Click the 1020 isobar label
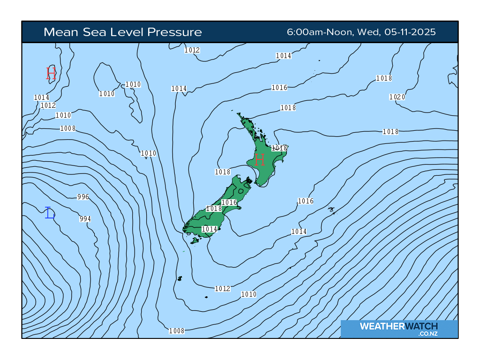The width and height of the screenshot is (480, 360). [397, 97]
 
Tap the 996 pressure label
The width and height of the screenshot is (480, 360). [83, 197]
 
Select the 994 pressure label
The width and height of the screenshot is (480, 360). [85, 219]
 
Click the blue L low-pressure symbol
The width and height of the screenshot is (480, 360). [50, 213]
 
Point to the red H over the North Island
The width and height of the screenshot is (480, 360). [259, 159]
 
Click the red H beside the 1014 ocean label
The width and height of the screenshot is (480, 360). [51, 74]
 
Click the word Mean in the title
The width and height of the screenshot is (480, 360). [59, 32]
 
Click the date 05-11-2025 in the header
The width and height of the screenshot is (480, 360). [410, 32]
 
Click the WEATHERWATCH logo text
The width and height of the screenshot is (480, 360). [398, 326]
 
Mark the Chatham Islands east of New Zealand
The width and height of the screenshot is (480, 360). [332, 210]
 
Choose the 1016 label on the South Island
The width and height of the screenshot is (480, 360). [229, 202]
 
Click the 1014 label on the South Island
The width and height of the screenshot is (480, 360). [209, 229]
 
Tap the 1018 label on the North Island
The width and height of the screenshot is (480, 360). [279, 148]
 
